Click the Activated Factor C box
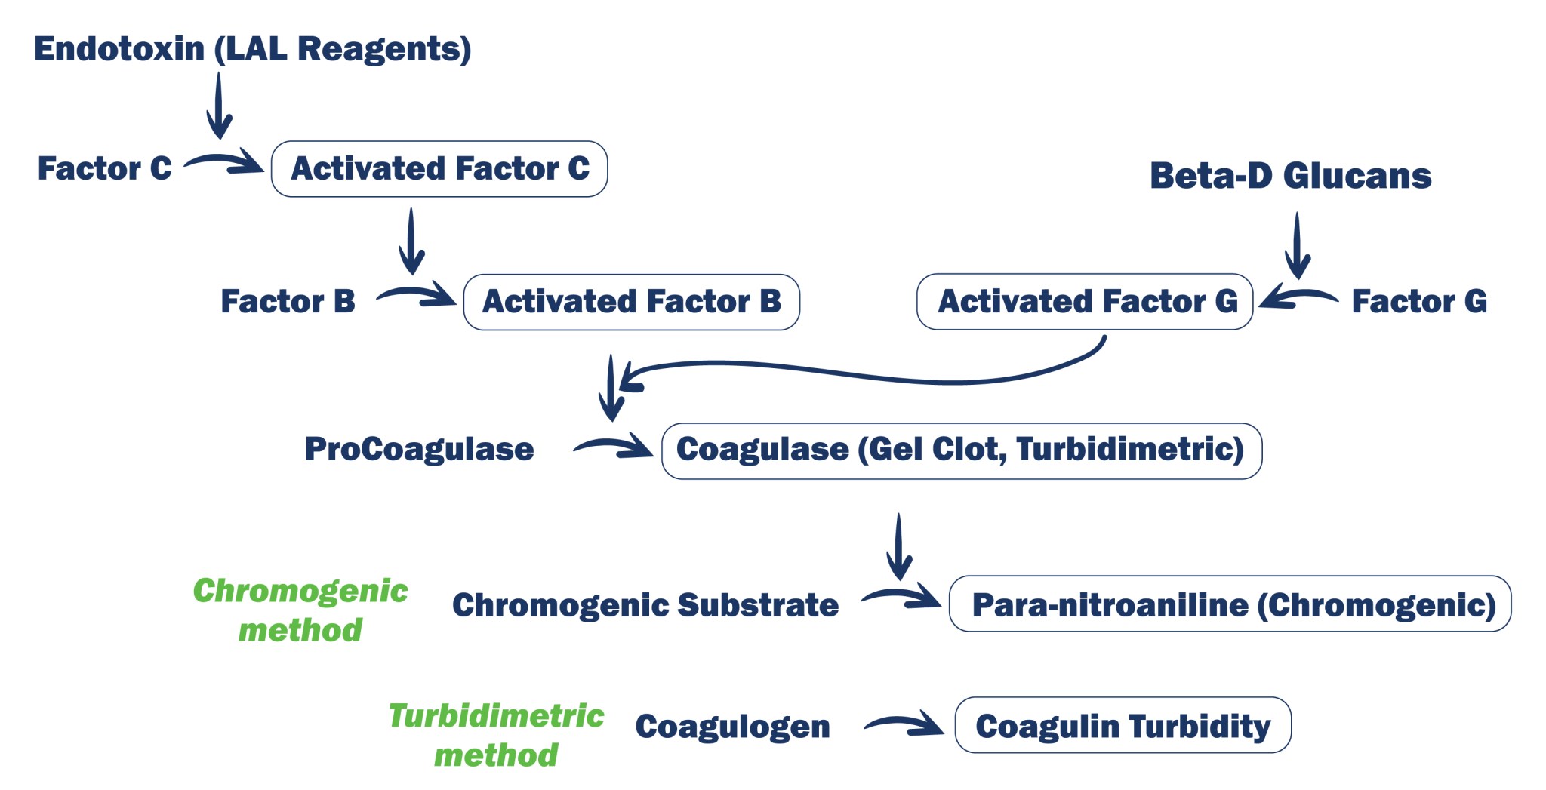point(439,169)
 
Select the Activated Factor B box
point(631,302)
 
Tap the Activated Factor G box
point(1085,302)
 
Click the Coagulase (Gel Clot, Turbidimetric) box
point(961,450)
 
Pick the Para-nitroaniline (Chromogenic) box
point(1230,604)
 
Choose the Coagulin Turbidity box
point(1123,725)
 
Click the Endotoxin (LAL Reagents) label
point(253,49)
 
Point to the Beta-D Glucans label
point(1290,176)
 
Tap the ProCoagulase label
point(419,450)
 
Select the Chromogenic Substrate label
point(645,605)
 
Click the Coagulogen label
point(732,727)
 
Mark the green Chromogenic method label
point(300,610)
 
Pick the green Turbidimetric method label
point(496,735)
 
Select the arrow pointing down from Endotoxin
point(219,106)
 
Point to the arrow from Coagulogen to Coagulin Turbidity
point(903,725)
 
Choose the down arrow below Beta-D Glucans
point(1297,245)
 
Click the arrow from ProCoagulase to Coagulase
point(612,447)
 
